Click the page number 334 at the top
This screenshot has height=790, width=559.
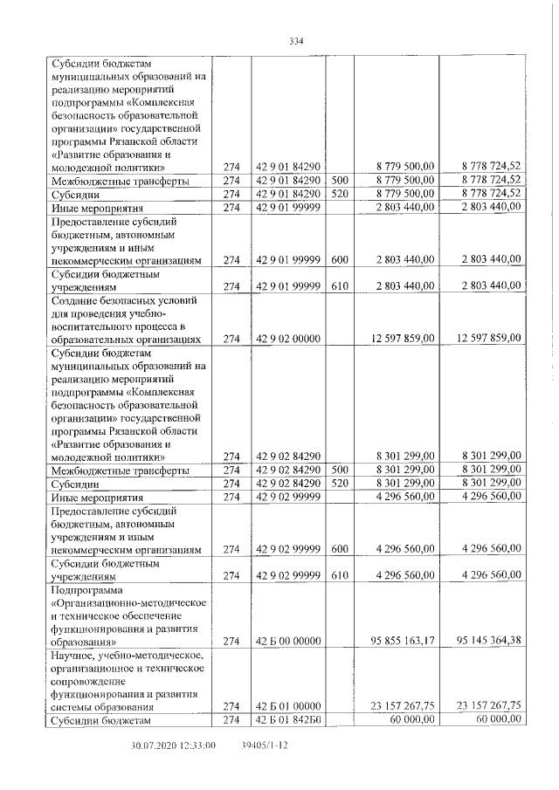294,40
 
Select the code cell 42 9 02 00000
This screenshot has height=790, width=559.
288,338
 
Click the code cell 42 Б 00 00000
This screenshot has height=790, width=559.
288,641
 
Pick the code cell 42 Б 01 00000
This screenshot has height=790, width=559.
288,706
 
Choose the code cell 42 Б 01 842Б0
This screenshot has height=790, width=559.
288,719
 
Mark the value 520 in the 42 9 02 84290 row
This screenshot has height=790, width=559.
340,483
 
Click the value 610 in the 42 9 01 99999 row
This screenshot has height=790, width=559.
340,285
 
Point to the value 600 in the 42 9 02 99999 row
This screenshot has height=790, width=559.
340,549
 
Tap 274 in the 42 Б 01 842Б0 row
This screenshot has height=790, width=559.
231,719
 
